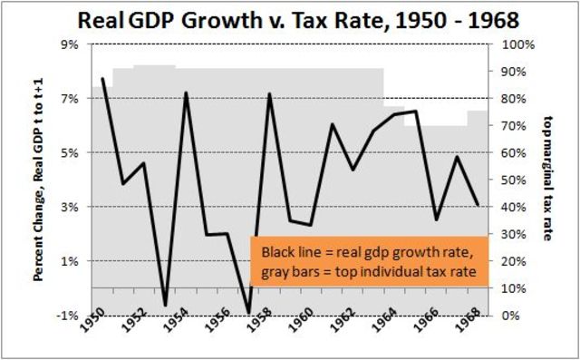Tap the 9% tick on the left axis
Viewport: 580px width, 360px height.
tap(75, 44)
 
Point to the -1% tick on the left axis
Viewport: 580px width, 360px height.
tap(74, 316)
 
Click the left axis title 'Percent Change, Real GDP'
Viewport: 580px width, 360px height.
tap(41, 181)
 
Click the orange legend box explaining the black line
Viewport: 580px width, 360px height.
tap(370, 261)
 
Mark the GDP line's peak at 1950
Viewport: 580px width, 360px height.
tap(101, 79)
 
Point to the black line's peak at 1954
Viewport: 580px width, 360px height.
tap(186, 93)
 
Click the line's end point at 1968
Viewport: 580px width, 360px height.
tap(478, 206)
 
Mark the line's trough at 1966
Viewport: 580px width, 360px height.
tap(437, 219)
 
